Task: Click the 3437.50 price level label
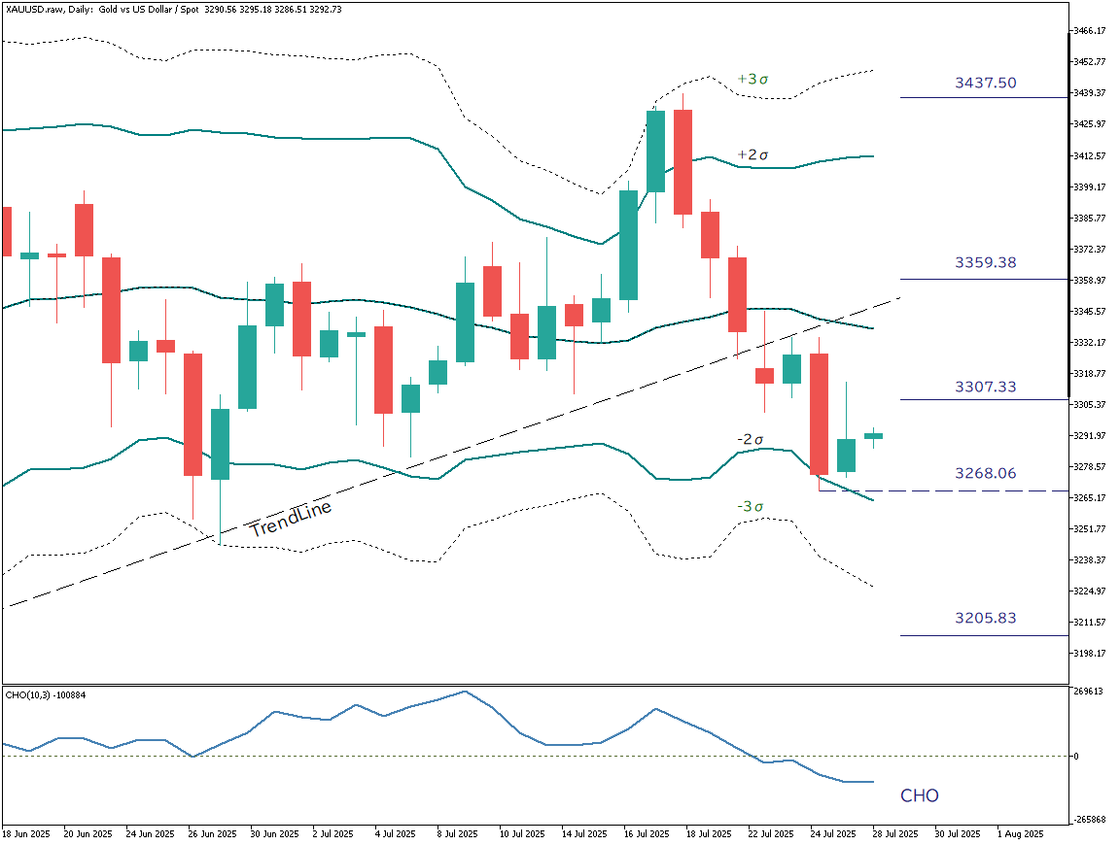click(985, 84)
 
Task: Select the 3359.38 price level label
click(985, 263)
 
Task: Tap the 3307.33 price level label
click(985, 387)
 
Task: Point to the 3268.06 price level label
click(985, 474)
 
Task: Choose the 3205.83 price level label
click(985, 618)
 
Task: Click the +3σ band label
click(752, 79)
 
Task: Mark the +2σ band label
click(752, 155)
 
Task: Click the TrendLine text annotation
click(291, 520)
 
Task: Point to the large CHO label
click(919, 796)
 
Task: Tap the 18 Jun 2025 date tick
click(26, 834)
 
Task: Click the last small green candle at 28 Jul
click(874, 436)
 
